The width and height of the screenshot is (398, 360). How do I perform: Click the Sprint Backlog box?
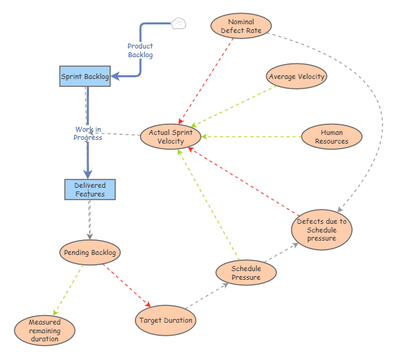[x=85, y=76]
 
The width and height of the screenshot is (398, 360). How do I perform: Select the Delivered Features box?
[x=90, y=190]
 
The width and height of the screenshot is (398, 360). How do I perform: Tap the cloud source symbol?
[x=179, y=24]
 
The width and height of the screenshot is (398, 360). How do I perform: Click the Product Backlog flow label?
[x=140, y=50]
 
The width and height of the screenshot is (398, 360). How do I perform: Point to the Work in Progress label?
[x=88, y=134]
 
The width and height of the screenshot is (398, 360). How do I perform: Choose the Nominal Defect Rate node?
[x=241, y=26]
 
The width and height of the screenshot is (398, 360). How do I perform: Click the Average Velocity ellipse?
[x=297, y=76]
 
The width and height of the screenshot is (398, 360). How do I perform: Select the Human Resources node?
[x=331, y=137]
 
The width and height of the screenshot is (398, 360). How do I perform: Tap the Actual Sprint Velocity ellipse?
[x=170, y=137]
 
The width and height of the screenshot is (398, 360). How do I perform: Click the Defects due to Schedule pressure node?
[x=322, y=229]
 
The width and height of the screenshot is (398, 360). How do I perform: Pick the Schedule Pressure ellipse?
[x=246, y=273]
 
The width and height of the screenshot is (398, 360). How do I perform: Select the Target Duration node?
[x=165, y=320]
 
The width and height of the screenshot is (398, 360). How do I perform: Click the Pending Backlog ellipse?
[x=90, y=252]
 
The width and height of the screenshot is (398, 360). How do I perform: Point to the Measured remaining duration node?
[x=44, y=331]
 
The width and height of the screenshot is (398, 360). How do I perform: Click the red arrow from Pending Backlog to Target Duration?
[x=127, y=285]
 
